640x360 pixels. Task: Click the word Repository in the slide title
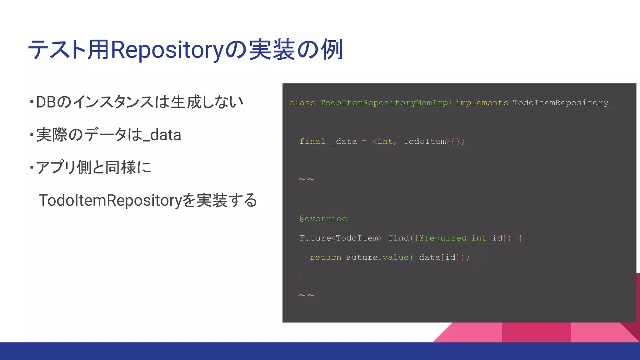coord(167,50)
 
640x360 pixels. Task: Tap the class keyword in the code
coord(302,103)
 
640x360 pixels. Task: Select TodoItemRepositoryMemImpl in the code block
coord(386,103)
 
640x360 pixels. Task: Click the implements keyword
coord(482,103)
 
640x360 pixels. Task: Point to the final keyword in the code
coord(312,142)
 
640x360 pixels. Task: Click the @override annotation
coord(323,219)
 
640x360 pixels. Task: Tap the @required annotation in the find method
coord(443,238)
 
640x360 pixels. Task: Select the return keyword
coord(325,257)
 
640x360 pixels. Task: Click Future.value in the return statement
coord(377,257)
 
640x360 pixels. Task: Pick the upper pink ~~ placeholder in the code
coord(307,180)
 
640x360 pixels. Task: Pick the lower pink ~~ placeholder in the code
coord(307,296)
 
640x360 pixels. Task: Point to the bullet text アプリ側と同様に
coord(93,167)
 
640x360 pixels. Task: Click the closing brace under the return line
coord(302,277)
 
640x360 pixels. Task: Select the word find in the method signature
coord(398,238)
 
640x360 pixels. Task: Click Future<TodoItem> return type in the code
coord(340,238)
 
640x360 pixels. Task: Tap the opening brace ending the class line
coord(614,103)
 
